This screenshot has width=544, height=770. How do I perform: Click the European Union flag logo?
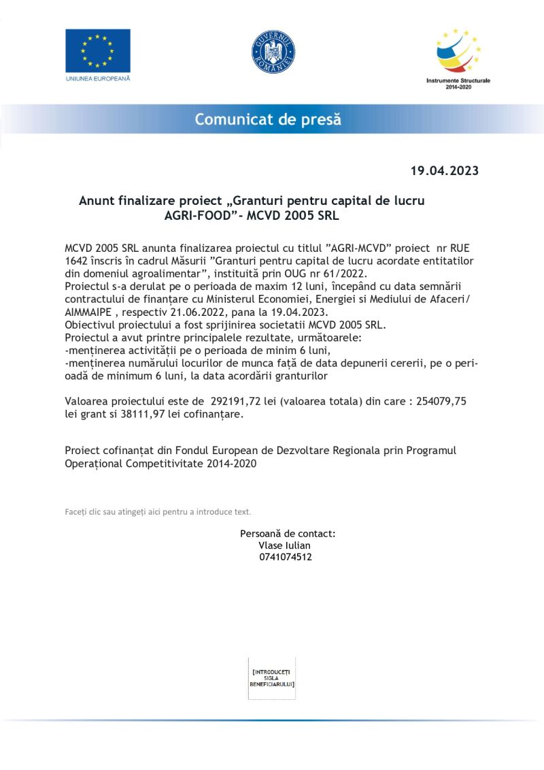pos(97,50)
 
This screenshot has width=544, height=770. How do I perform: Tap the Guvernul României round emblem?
pos(273,52)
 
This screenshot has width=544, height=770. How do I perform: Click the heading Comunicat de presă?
pos(268,120)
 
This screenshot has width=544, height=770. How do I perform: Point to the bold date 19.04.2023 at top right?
pos(444,171)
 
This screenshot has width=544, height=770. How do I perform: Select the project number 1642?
pos(76,261)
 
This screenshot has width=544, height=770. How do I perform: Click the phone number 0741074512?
pos(286,557)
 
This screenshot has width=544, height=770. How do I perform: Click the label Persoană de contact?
pos(287,534)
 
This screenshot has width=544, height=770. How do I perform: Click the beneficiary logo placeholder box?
pos(272,678)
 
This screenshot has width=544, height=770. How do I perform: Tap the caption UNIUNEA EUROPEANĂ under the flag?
pos(97,78)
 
